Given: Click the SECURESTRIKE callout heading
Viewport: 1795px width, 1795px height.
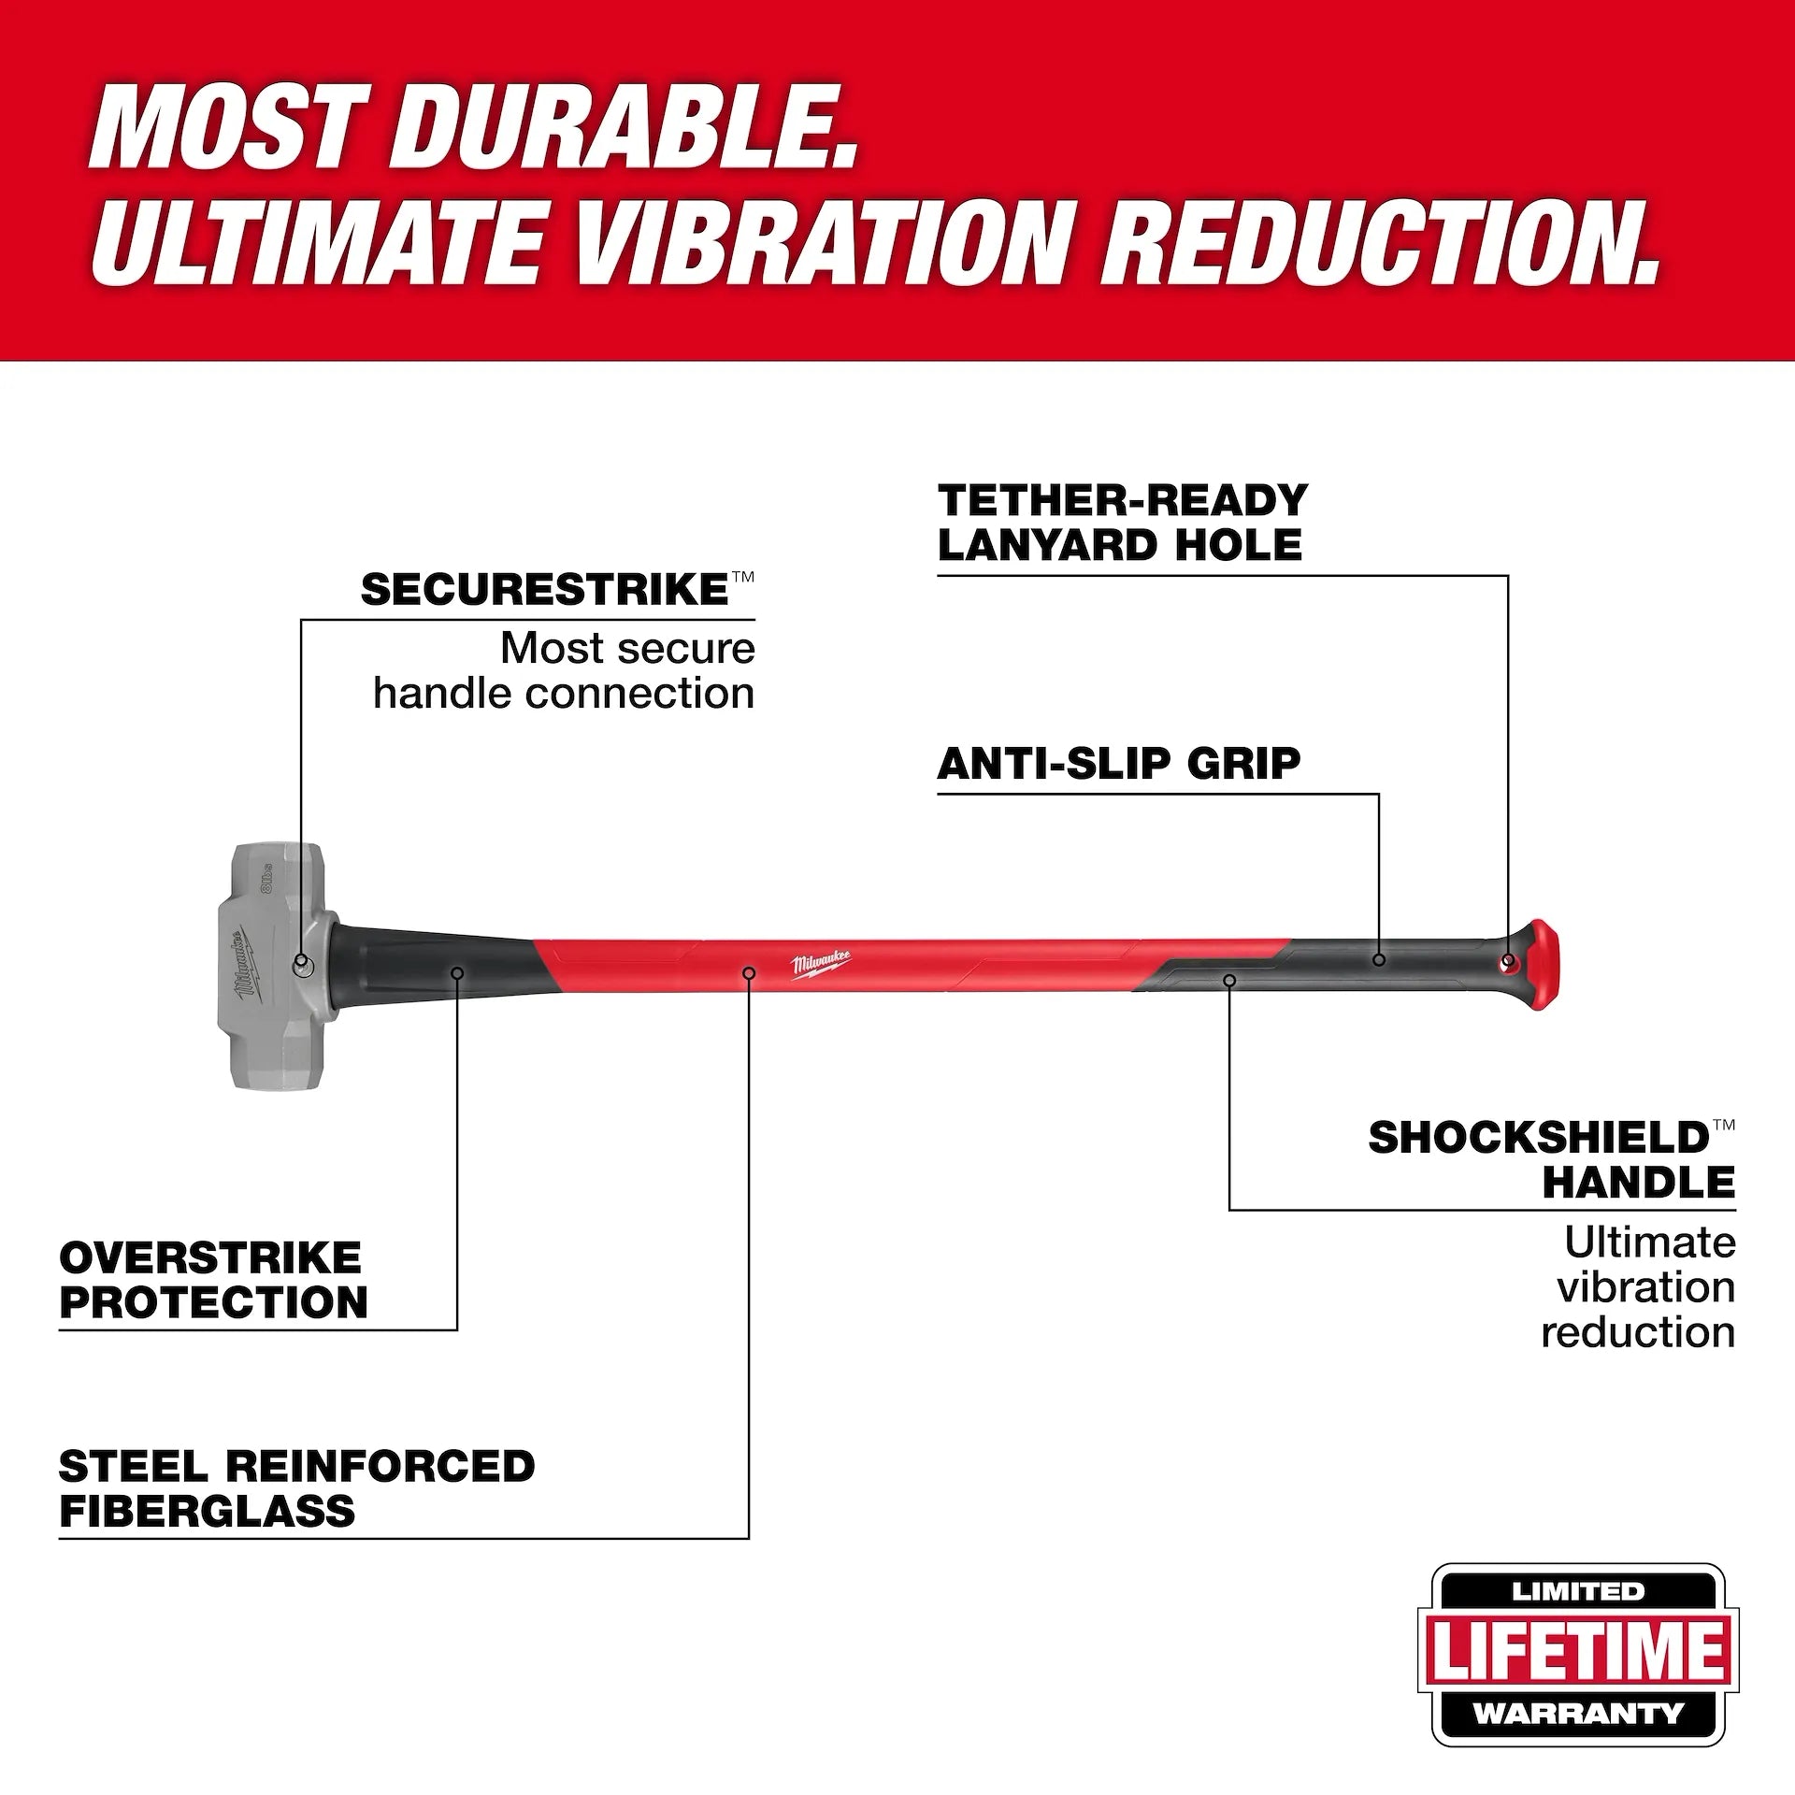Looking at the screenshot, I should (x=545, y=591).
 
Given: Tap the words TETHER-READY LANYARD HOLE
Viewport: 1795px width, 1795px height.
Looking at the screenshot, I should (x=1122, y=524).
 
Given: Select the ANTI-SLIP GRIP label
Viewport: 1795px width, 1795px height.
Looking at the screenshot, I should (x=1118, y=765).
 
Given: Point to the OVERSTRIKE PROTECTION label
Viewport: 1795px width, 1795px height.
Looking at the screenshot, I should (x=213, y=1280).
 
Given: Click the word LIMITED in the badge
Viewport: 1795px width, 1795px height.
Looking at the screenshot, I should (x=1578, y=1591).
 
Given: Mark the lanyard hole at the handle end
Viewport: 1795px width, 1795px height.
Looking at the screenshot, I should (x=1507, y=961).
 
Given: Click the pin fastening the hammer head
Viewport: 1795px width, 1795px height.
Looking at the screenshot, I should (x=302, y=962).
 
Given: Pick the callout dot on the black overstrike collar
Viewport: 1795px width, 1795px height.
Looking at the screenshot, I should (x=457, y=973).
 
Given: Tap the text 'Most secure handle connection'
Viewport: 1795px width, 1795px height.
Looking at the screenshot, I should (x=565, y=671).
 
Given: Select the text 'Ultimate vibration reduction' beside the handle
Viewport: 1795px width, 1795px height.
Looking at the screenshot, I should (x=1638, y=1287).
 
